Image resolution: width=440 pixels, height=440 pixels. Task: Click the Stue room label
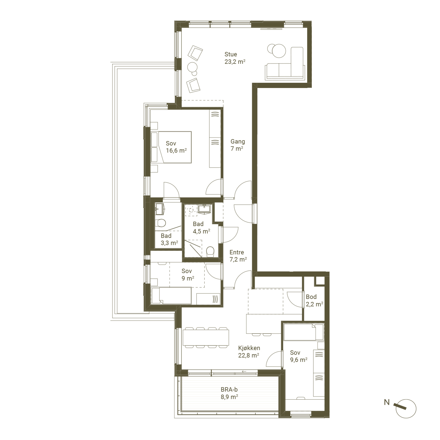[230, 54]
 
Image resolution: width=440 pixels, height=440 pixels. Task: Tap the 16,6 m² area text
[176, 150]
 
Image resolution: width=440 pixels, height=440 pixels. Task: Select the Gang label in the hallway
[238, 142]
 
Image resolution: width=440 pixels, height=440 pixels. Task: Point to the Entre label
[237, 252]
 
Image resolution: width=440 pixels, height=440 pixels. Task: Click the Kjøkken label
[249, 348]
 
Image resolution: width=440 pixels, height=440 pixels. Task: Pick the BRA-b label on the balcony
[229, 389]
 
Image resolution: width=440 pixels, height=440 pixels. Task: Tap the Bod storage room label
[311, 297]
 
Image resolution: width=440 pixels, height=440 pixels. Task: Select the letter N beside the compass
[387, 402]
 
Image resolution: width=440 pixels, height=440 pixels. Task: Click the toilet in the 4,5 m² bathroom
[210, 251]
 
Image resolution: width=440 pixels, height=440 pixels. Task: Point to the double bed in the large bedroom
[171, 147]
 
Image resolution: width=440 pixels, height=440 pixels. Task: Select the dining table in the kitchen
[206, 337]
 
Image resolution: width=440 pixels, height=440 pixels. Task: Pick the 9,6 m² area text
[299, 360]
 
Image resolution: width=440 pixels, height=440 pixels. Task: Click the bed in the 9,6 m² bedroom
[304, 332]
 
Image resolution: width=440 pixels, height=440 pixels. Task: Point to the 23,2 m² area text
[235, 62]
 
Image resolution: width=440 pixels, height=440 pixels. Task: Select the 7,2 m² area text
[238, 259]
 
